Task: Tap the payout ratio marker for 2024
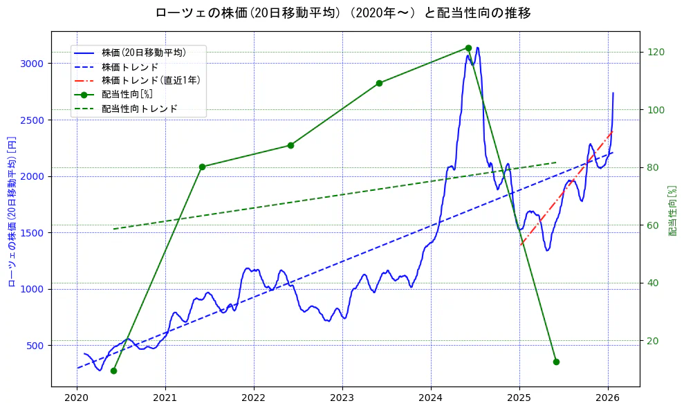click(x=468, y=48)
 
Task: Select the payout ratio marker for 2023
click(x=379, y=83)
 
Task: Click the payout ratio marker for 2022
click(x=290, y=145)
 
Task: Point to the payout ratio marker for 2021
click(x=202, y=167)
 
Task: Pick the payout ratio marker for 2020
click(x=113, y=371)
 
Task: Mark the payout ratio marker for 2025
click(x=556, y=362)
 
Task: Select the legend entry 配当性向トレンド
click(x=139, y=109)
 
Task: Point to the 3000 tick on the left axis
click(x=33, y=64)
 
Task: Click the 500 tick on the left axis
click(x=35, y=346)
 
